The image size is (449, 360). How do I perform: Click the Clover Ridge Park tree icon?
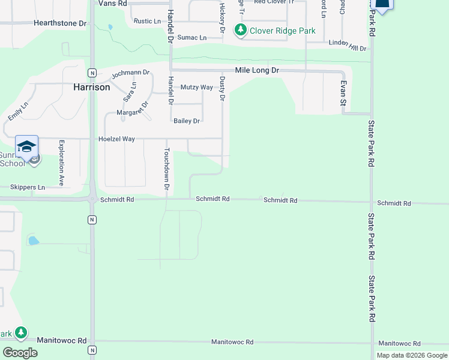click(x=241, y=29)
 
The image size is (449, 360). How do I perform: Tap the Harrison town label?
click(x=91, y=87)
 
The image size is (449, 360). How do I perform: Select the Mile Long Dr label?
click(x=257, y=70)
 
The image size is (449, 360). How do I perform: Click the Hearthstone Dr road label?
click(x=60, y=23)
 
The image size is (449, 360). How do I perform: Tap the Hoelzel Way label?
click(x=116, y=139)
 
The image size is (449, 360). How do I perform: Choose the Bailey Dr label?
click(x=186, y=121)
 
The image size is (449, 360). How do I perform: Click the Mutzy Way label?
click(x=196, y=87)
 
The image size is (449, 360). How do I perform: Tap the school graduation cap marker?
click(x=27, y=146)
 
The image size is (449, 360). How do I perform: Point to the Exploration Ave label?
click(x=61, y=162)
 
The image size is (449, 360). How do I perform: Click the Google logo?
click(x=20, y=352)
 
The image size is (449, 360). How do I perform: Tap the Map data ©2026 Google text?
click(x=412, y=355)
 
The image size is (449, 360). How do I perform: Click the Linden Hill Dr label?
click(x=348, y=47)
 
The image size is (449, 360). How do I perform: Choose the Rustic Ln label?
click(x=147, y=21)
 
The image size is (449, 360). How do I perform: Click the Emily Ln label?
click(x=18, y=110)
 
